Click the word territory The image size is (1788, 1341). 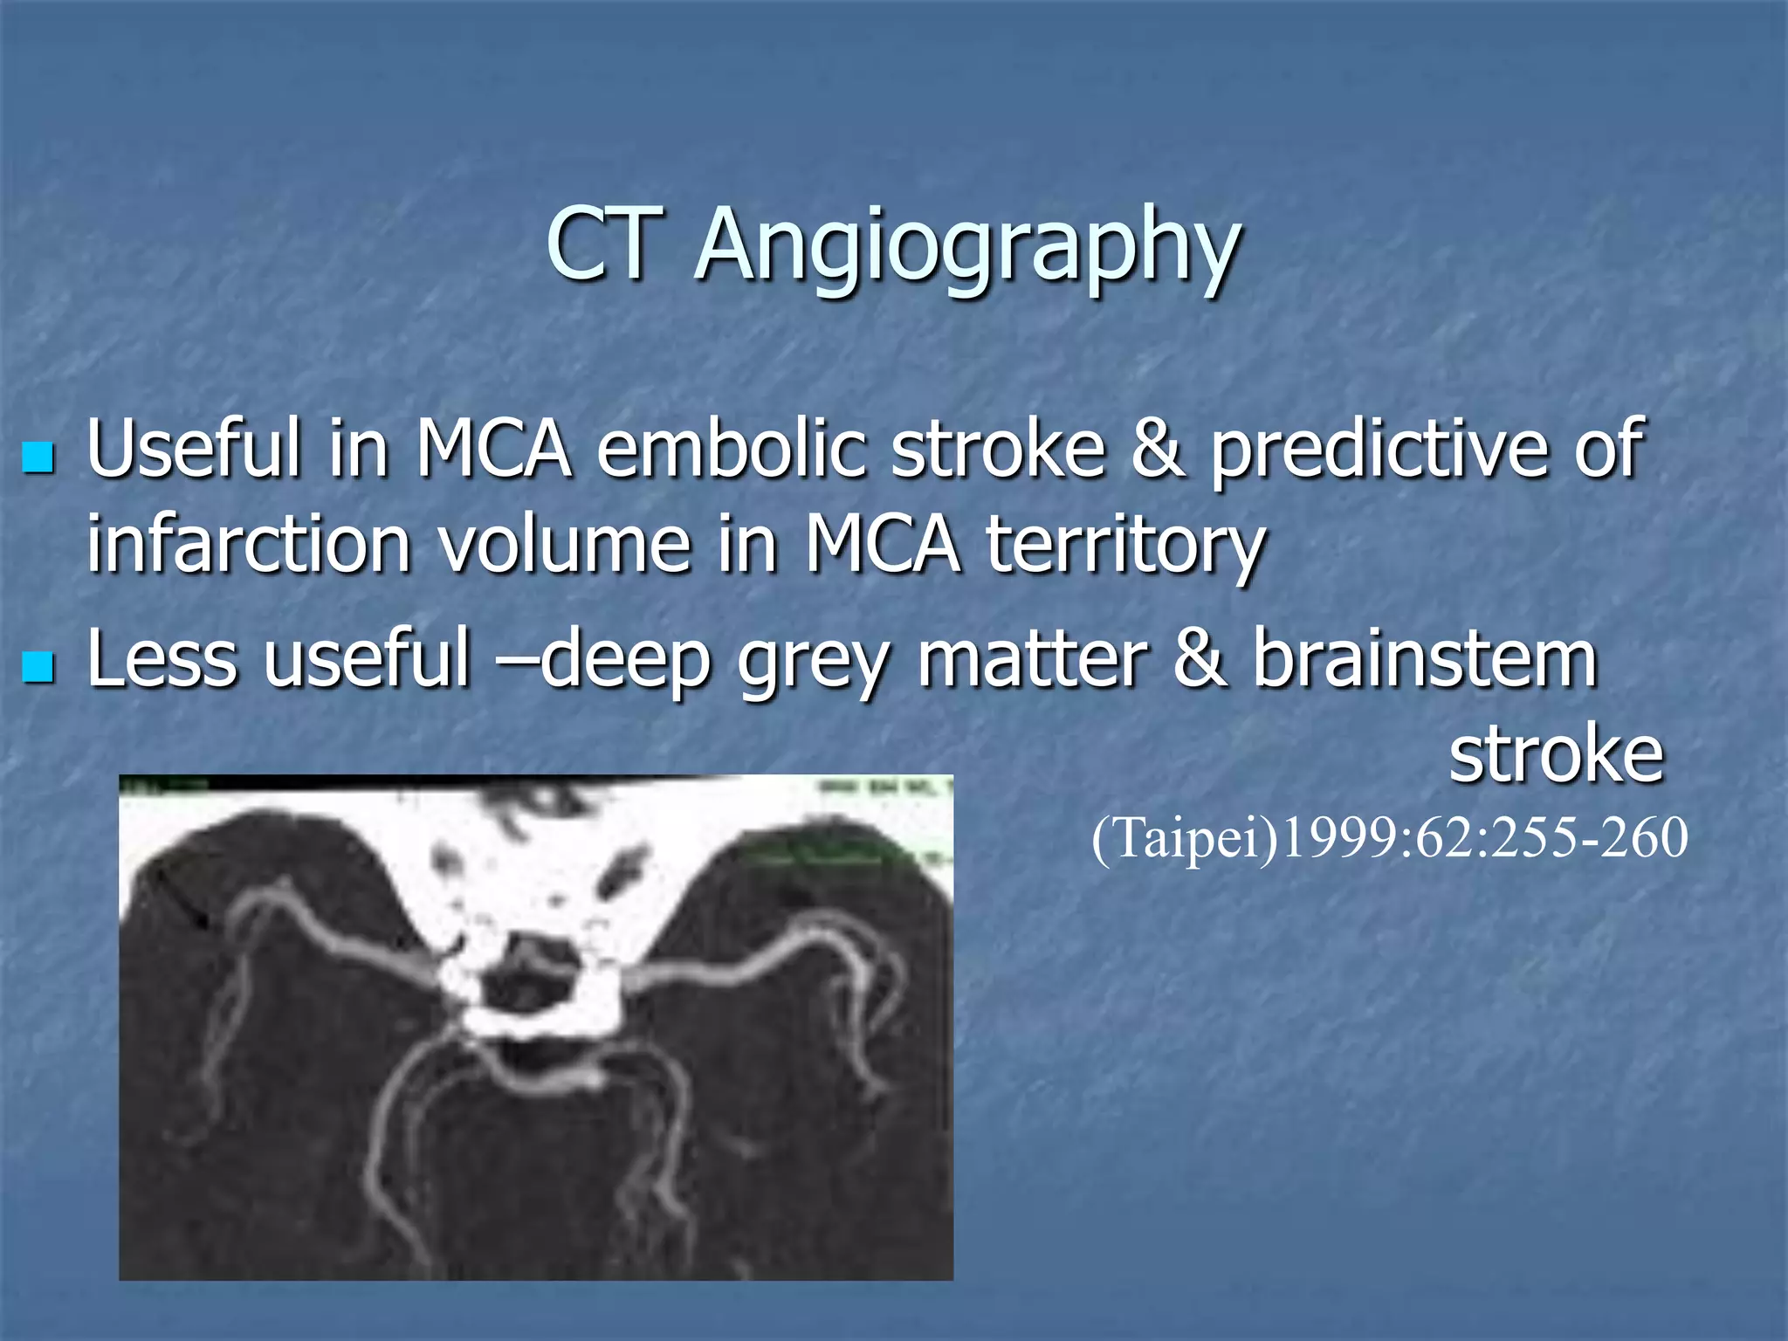pyautogui.click(x=1125, y=546)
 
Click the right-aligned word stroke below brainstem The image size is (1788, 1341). pyautogui.click(x=1557, y=753)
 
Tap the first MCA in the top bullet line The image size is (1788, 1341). pyautogui.click(x=493, y=449)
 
